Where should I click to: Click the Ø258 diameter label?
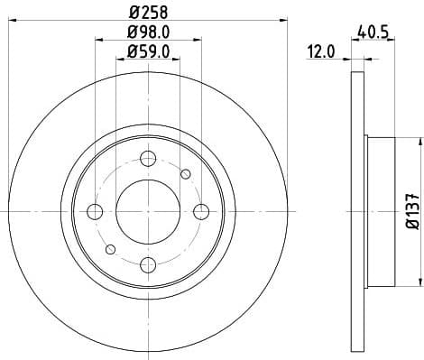click(x=147, y=13)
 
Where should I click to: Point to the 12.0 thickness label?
click(x=320, y=52)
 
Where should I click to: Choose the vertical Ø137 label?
click(x=410, y=209)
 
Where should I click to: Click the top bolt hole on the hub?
click(x=147, y=159)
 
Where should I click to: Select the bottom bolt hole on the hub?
click(x=147, y=263)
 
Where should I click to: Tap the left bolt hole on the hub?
click(x=95, y=211)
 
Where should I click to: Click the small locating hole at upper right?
click(x=186, y=173)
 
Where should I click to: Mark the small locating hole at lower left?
click(x=110, y=249)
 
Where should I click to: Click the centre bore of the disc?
click(x=147, y=211)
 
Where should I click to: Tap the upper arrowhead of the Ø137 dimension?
click(x=419, y=142)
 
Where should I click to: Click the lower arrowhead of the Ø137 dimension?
click(x=419, y=282)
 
